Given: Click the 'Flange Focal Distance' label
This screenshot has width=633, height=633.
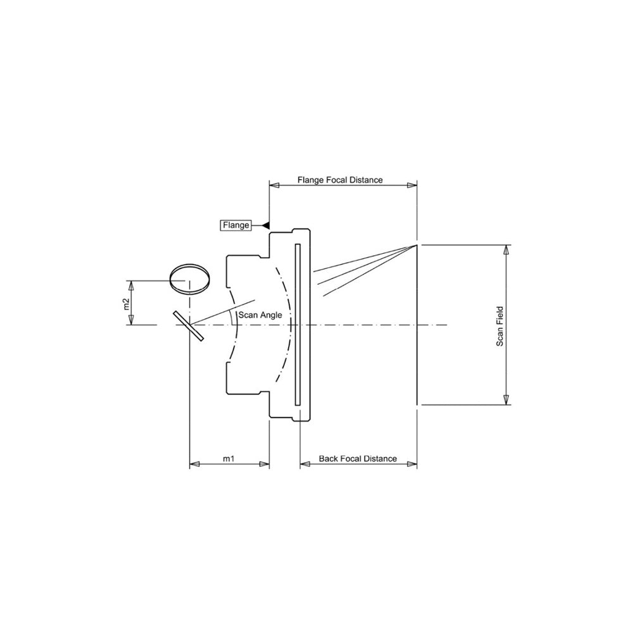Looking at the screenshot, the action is click(x=340, y=180).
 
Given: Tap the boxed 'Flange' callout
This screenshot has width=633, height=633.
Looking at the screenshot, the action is click(x=235, y=225).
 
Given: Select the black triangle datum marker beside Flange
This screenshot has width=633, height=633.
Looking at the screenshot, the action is click(x=266, y=225).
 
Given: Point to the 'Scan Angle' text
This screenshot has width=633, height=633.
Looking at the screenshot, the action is click(x=260, y=315).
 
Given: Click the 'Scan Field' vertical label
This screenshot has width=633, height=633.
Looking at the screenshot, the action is click(x=500, y=326).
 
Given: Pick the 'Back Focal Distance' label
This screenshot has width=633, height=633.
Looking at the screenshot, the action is click(x=358, y=458).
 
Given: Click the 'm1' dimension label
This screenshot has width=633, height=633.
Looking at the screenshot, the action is click(x=229, y=458).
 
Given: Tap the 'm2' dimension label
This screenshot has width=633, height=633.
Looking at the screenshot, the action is click(x=126, y=304).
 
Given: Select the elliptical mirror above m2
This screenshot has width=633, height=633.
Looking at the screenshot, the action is click(x=189, y=279).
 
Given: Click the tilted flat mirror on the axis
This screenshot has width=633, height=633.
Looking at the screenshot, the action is click(x=189, y=325).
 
